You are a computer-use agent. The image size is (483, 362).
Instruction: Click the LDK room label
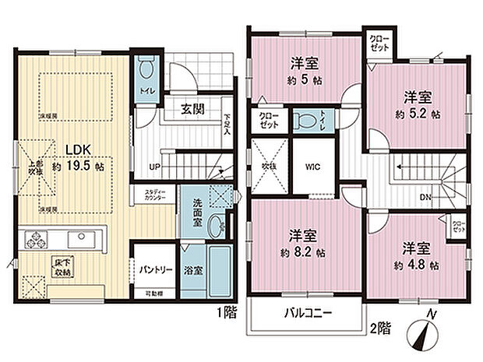[x=77, y=149]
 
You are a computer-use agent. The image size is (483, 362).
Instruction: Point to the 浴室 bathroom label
[x=195, y=271]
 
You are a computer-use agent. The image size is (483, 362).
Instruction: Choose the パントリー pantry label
[x=155, y=269]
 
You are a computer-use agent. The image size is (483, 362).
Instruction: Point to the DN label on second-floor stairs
[x=425, y=197]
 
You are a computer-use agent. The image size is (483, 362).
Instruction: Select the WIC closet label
[x=312, y=167]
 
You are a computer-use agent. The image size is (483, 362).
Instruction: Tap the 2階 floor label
[x=381, y=329]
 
